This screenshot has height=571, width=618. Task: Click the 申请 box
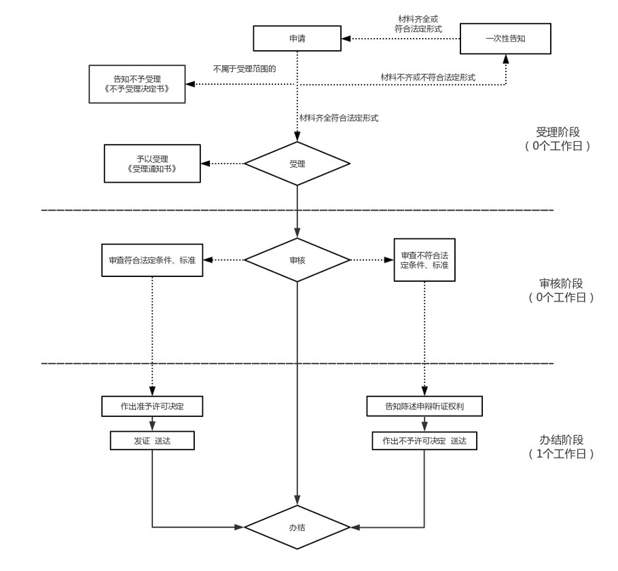coord(297,39)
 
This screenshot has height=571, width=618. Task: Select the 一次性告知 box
coord(505,39)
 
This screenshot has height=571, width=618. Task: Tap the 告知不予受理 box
coord(137,84)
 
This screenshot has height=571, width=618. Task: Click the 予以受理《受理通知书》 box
coord(152,163)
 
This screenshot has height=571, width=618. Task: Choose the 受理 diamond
coord(297,164)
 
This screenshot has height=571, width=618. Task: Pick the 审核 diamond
coord(297,259)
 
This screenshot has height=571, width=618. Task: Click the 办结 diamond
coord(297,526)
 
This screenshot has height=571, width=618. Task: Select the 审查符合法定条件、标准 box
coord(152,259)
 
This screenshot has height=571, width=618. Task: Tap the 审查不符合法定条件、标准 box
coord(424,259)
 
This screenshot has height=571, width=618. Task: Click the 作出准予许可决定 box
coord(152,406)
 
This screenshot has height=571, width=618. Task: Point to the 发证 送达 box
coord(152,441)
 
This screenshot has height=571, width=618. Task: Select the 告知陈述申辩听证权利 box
coord(424,406)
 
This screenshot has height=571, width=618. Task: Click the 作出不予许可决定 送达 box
coord(424,441)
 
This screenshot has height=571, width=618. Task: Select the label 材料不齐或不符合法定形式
coord(427,77)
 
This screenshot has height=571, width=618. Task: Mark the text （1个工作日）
coord(559,454)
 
